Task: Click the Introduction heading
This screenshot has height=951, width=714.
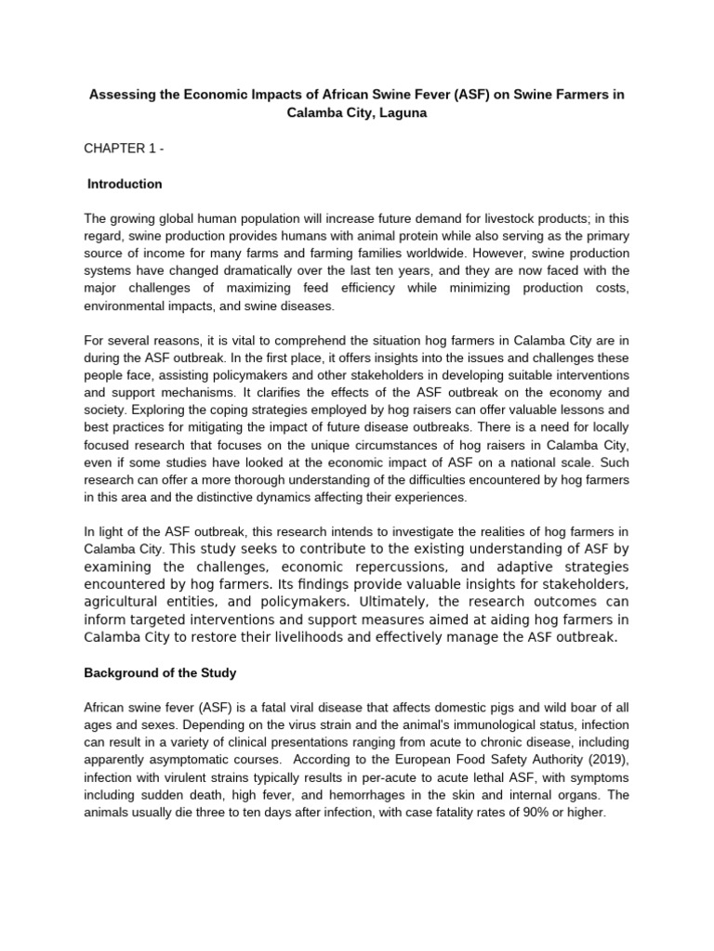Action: click(125, 184)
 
